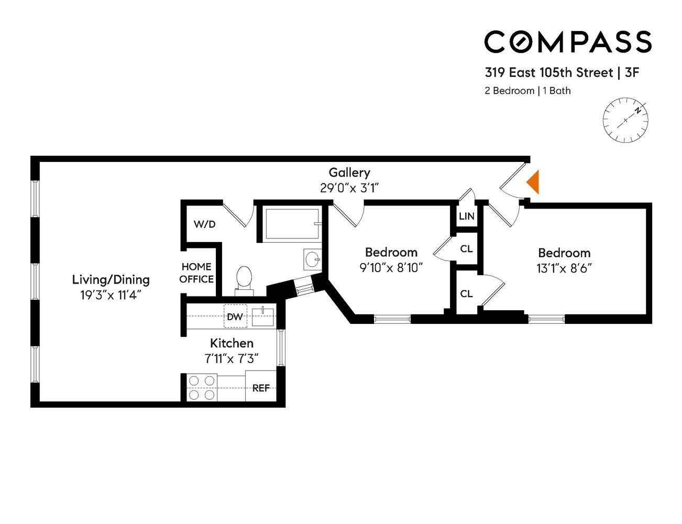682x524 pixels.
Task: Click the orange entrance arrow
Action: point(534,182)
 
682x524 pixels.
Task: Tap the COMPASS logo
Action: point(568,41)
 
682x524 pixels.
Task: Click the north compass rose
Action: point(625,120)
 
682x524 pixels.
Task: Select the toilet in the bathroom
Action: point(244,281)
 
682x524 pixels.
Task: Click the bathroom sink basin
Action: point(313,259)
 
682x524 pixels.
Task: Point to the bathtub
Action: point(292,224)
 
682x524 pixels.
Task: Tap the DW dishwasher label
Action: point(235,317)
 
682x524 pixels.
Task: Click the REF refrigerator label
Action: point(261,388)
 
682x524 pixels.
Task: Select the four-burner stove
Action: point(202,387)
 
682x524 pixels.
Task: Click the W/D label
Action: point(205,224)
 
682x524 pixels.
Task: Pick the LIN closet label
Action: point(466,216)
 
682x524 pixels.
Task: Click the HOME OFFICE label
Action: point(196,273)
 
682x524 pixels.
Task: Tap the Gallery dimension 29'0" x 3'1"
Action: point(349,188)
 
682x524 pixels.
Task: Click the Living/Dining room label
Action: point(111,279)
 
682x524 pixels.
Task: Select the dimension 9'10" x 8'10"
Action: point(391,268)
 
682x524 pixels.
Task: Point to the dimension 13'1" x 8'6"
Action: point(564,268)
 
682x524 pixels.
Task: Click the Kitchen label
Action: point(232,343)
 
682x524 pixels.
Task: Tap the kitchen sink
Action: point(263,316)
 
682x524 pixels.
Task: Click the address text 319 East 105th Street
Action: point(548,72)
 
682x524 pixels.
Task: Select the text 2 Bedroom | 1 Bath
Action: point(527,91)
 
